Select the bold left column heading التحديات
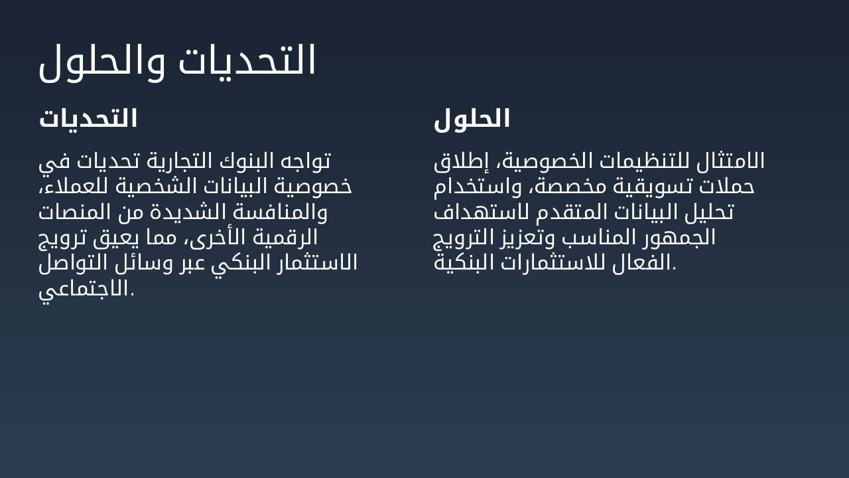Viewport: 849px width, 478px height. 88,119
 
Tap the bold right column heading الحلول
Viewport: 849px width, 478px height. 472,119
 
